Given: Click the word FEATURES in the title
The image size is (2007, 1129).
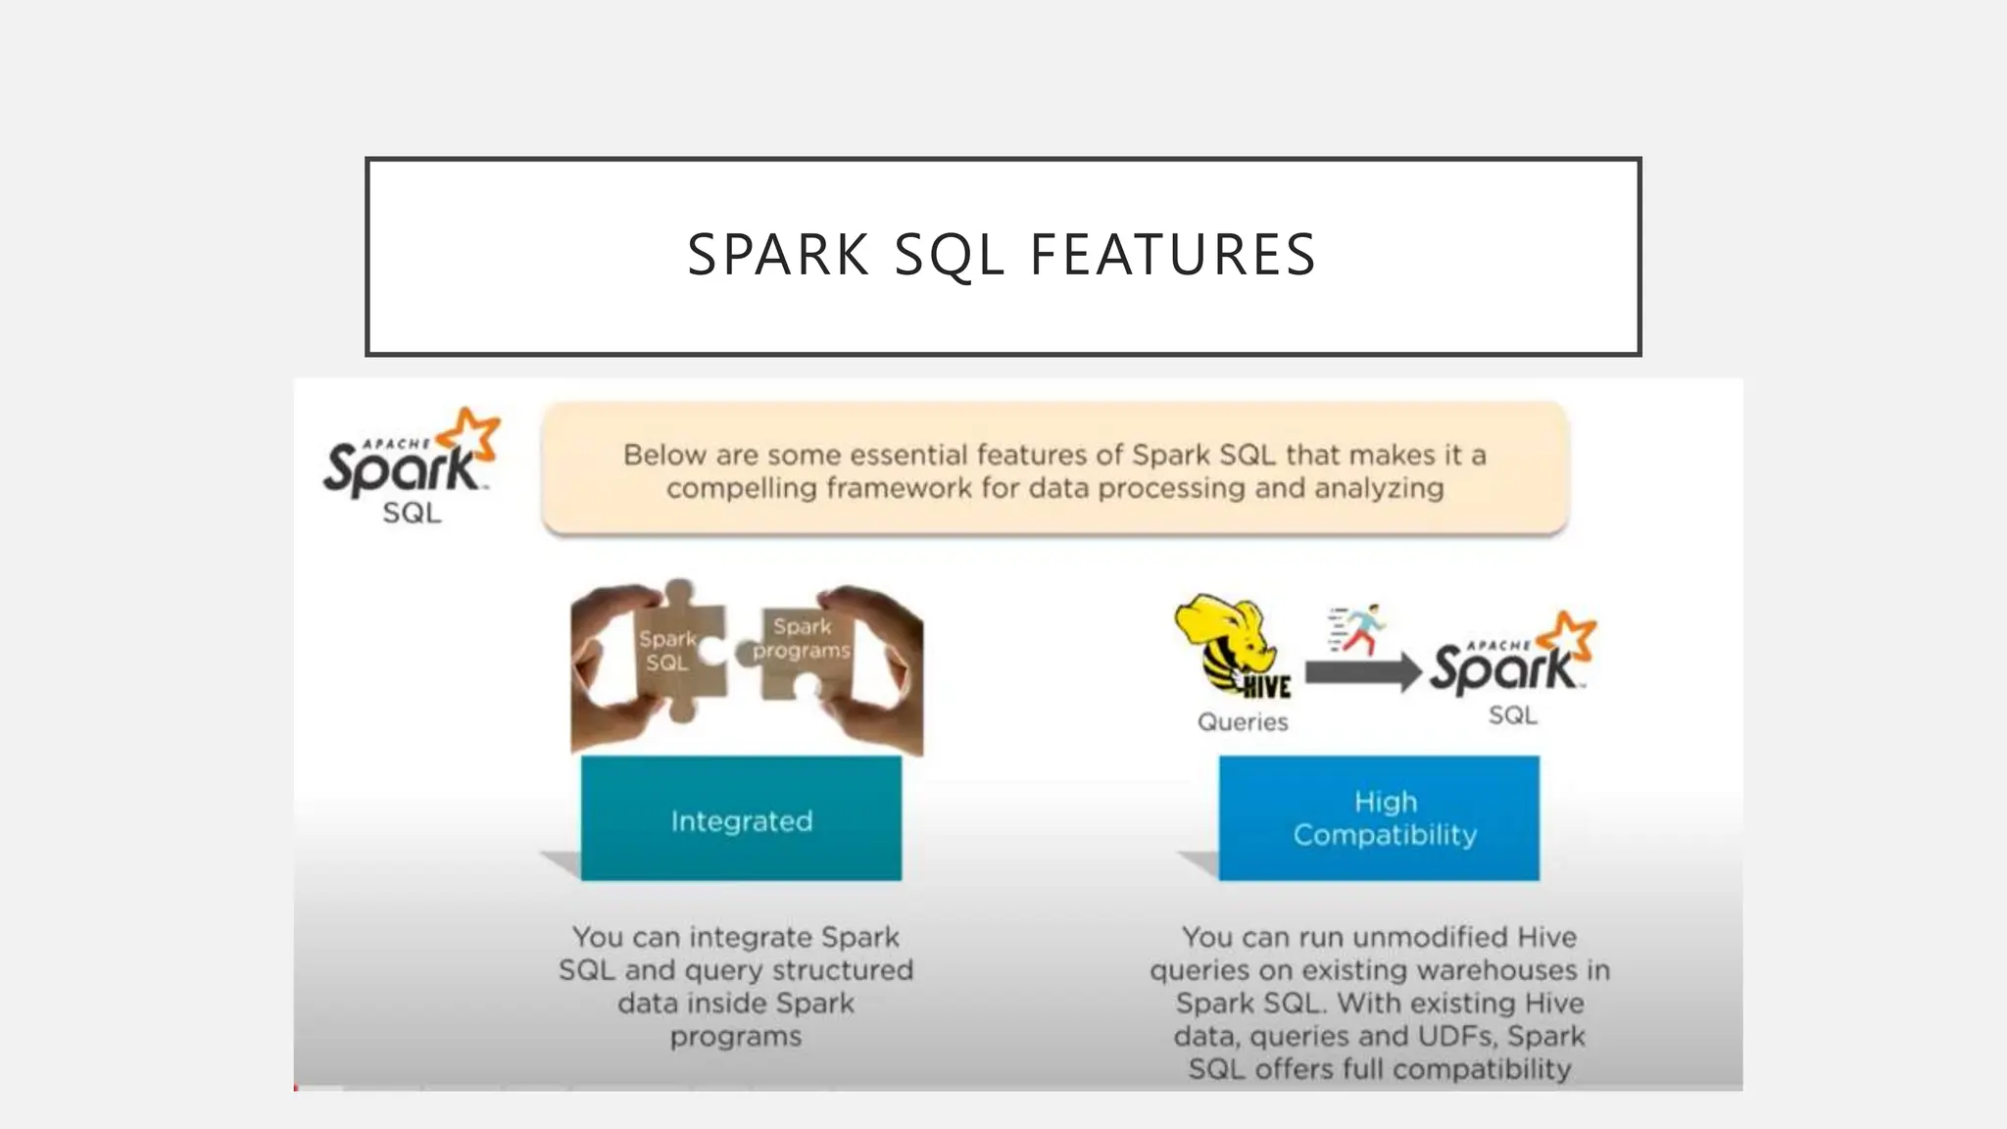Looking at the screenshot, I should pyautogui.click(x=1173, y=255).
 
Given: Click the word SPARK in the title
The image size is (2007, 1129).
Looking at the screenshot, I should pyautogui.click(x=779, y=255).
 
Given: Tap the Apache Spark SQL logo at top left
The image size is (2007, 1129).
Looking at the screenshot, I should pyautogui.click(x=411, y=467).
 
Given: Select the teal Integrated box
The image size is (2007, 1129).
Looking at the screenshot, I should pyautogui.click(x=741, y=818).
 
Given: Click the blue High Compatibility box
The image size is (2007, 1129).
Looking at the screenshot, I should pyautogui.click(x=1379, y=818).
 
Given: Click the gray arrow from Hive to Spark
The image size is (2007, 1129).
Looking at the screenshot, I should pyautogui.click(x=1362, y=672).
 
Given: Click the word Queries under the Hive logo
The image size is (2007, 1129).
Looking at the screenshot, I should pyautogui.click(x=1243, y=722).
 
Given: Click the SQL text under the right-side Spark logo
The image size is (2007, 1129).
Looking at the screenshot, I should pyautogui.click(x=1512, y=715).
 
